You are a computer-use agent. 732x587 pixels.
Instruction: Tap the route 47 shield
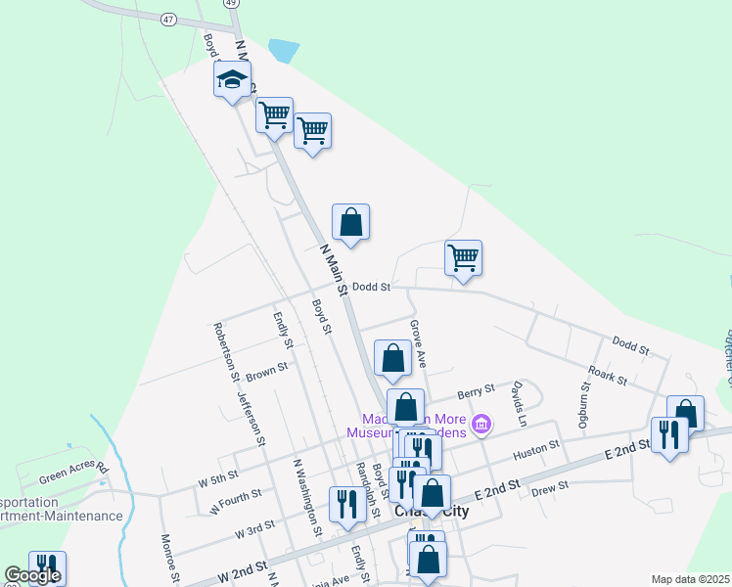tap(169, 19)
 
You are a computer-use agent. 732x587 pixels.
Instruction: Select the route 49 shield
tap(231, 3)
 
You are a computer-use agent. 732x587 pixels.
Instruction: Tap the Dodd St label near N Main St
tap(372, 287)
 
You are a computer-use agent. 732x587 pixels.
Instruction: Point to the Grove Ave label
tap(418, 343)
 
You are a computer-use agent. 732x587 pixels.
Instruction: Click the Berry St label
tap(476, 392)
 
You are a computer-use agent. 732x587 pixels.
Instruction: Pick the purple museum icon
tap(480, 424)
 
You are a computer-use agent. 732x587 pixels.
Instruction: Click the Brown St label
tap(266, 372)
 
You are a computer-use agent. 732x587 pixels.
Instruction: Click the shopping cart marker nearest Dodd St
tap(463, 258)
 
